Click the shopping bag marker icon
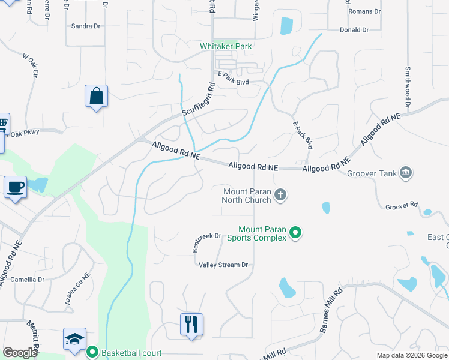(x=96, y=96)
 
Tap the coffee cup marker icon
(x=15, y=187)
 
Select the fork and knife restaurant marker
(x=191, y=325)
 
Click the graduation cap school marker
(x=74, y=339)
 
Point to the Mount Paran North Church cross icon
(x=280, y=194)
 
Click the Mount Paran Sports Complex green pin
(x=295, y=232)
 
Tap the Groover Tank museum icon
(x=406, y=173)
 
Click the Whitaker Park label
(x=226, y=46)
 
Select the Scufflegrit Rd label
(x=199, y=100)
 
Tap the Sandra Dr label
(x=85, y=26)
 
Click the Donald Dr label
(x=354, y=29)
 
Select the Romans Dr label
(x=365, y=11)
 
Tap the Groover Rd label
(x=401, y=205)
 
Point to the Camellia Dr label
(x=25, y=280)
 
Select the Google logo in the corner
(x=20, y=353)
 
